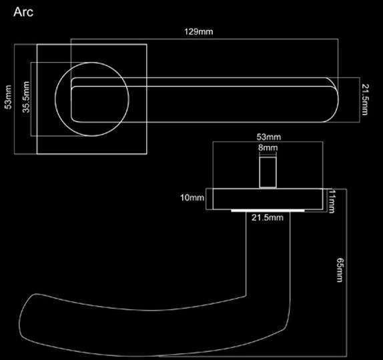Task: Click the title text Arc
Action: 23,12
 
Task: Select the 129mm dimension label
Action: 199,32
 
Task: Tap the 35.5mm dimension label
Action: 26,97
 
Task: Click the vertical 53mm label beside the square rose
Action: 8,97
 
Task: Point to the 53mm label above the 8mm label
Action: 269,137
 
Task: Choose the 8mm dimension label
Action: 268,148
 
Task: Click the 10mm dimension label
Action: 192,197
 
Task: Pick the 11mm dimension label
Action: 332,201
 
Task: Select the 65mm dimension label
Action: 340,270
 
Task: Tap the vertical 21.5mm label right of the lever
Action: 365,99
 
